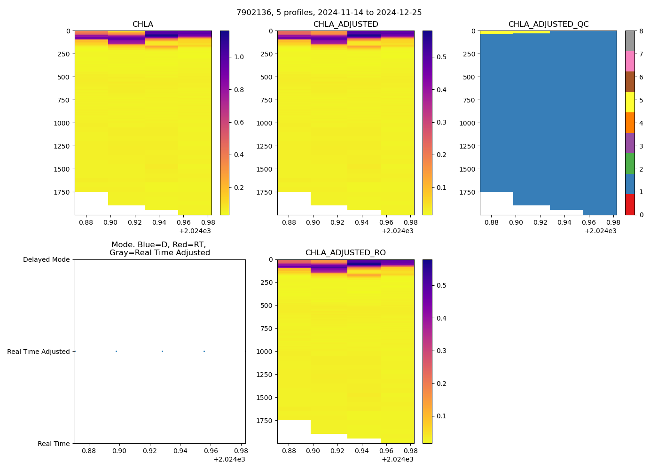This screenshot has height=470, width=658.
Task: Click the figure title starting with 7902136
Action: tap(329, 13)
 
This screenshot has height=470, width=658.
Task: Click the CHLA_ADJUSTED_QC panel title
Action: tap(548, 24)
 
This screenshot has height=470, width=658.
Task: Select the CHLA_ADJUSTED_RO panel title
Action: tap(345, 253)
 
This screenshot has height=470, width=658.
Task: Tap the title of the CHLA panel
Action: tap(142, 24)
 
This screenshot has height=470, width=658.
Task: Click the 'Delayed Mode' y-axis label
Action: tap(46, 260)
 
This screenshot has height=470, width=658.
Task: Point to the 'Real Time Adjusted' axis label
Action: tap(39, 352)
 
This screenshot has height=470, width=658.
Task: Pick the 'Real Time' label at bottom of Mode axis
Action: tap(54, 444)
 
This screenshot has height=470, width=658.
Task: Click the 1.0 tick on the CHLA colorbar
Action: tap(239, 57)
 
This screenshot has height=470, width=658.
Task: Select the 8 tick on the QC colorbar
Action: tap(640, 31)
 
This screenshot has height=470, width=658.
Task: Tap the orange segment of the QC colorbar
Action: tap(630, 123)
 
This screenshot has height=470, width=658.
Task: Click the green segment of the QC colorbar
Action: tap(630, 164)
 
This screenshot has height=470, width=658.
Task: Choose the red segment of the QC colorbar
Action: tap(630, 204)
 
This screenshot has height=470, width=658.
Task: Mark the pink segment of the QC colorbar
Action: tap(630, 61)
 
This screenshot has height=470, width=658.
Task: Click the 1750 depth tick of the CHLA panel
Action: tap(62, 192)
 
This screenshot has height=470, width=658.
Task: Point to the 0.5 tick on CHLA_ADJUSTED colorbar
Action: tap(441, 57)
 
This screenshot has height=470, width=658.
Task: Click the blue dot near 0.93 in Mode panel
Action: tap(162, 352)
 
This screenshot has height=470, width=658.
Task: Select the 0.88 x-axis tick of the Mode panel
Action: tap(89, 451)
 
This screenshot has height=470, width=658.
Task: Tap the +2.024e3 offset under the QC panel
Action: tap(600, 231)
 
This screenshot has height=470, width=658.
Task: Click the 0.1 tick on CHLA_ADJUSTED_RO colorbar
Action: tap(441, 416)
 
